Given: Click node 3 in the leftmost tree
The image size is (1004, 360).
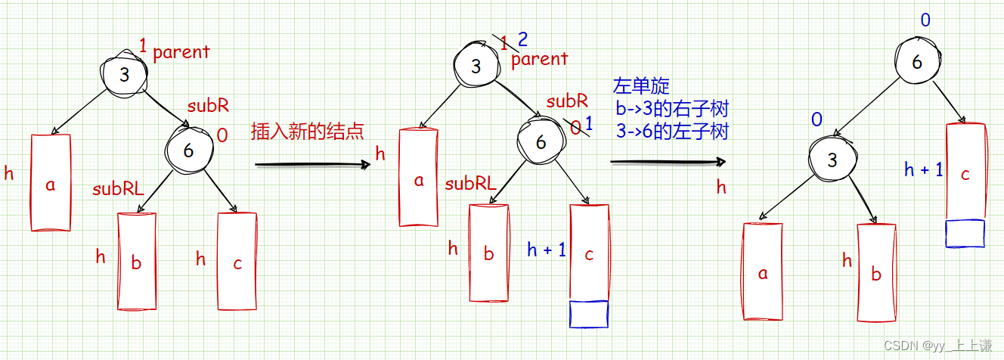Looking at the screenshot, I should pos(124,73).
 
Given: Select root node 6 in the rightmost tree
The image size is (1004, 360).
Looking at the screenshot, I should pos(917,62).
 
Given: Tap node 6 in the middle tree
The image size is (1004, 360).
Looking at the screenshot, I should pos(540,141).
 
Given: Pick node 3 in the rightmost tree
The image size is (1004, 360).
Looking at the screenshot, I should pos(832,160).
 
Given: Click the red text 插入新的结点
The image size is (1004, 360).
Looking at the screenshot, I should pos(307,132).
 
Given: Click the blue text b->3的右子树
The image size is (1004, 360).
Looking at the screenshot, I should pos(672,108).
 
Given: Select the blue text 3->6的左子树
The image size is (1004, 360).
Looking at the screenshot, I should pos(672,131).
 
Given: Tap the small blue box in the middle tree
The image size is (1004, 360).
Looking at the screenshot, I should pos(588,314).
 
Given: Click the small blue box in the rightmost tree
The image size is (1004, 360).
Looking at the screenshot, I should pos(965,233).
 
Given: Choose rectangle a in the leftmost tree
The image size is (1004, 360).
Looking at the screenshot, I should pos(51,183).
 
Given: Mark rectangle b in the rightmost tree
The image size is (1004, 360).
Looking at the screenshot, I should pos(876,273).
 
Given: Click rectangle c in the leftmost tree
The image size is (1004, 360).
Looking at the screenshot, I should pos(237,262).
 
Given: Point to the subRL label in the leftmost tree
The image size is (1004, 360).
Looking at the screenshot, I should pos(118,189).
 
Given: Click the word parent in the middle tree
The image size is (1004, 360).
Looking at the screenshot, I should pos(540,59).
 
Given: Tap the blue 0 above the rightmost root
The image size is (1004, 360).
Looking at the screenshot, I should pos(925,20).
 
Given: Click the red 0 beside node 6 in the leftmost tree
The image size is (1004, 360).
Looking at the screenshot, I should pos(222,135).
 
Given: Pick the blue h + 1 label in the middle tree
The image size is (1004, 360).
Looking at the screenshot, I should pos(546,250).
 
